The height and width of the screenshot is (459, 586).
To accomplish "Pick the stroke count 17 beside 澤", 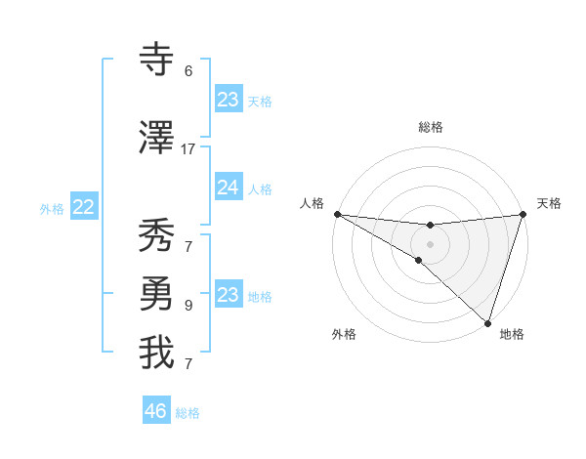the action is tap(188, 149).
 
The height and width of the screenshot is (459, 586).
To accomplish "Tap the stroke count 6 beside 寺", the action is tap(188, 71).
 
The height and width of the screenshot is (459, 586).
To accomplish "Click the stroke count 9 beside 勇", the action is tap(188, 306).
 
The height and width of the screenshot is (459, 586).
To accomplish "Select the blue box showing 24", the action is tap(228, 188).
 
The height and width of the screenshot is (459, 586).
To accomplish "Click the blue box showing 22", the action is tap(84, 207).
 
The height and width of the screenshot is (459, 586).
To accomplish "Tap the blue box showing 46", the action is tap(156, 411).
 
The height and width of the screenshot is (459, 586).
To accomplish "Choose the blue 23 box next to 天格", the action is tap(228, 100).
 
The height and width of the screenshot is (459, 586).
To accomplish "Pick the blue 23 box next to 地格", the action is tap(228, 295).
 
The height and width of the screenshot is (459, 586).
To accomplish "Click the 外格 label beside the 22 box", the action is tap(52, 208).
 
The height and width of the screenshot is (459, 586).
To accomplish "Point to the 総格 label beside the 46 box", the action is tap(188, 413).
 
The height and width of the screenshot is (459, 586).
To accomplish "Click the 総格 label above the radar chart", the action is tap(430, 127).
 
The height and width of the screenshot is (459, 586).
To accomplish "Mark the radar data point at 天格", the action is tap(523, 214).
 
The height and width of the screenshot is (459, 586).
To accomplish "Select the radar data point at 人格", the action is tap(337, 214).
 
